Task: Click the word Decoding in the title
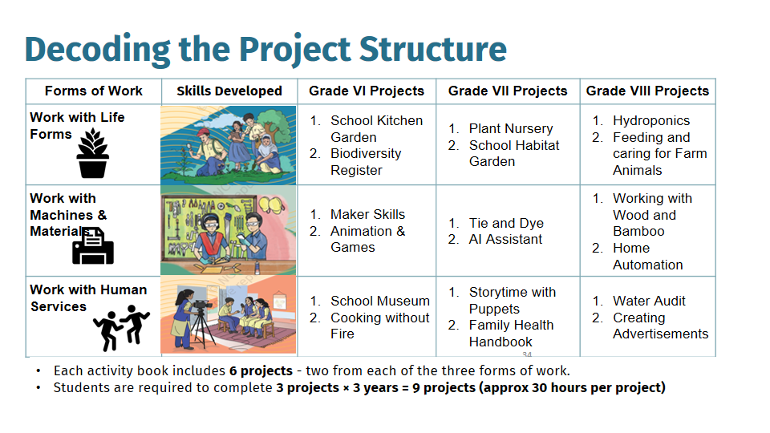click(98, 50)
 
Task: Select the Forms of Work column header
click(94, 91)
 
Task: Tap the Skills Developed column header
click(229, 91)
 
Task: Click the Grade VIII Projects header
click(648, 91)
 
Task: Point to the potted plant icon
click(93, 153)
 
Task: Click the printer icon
click(93, 246)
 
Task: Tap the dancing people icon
click(121, 327)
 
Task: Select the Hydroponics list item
click(651, 120)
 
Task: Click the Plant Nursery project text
click(511, 128)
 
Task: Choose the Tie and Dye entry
click(506, 223)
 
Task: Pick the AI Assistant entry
click(505, 239)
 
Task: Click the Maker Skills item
click(368, 214)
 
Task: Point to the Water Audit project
click(649, 301)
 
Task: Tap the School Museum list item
click(380, 301)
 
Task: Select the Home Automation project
click(648, 257)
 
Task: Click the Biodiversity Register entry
click(366, 161)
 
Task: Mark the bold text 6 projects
click(261, 370)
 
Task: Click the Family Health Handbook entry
click(511, 334)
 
